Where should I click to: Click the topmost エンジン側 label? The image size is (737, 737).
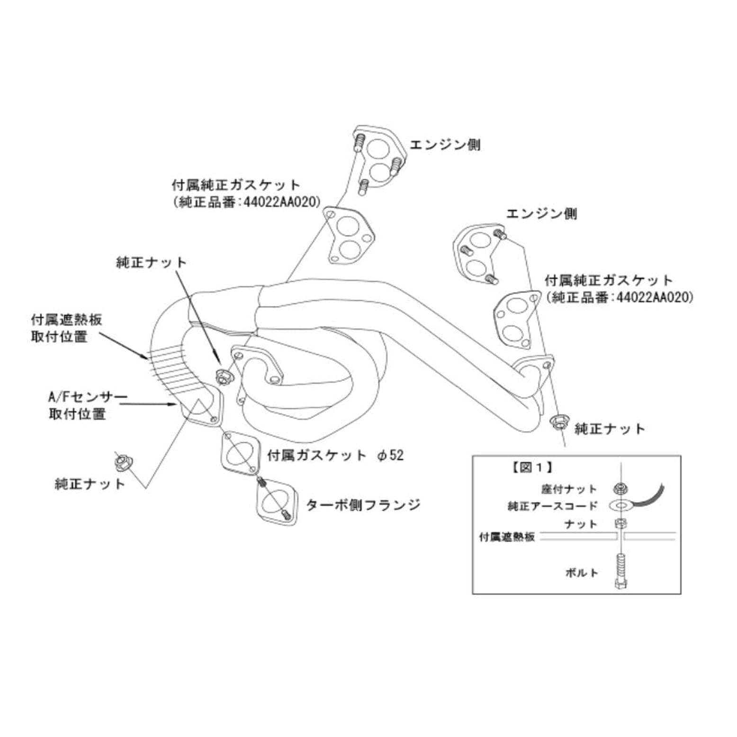click(445, 144)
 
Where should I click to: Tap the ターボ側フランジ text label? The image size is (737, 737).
click(363, 504)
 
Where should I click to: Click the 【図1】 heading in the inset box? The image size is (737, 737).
click(531, 467)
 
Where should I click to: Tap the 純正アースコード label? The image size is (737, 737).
click(553, 506)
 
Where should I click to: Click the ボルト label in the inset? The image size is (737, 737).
click(582, 572)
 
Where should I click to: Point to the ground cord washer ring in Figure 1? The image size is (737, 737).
click(619, 505)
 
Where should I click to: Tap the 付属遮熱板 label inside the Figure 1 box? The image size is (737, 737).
click(507, 537)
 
